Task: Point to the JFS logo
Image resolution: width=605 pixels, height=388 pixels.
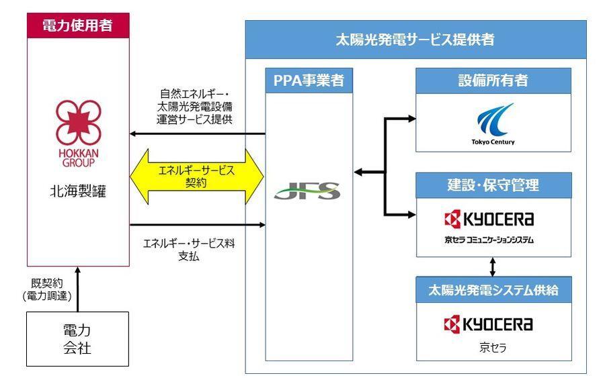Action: (307, 191)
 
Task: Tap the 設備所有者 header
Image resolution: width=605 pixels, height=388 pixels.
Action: (493, 81)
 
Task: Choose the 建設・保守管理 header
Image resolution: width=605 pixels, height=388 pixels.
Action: (493, 185)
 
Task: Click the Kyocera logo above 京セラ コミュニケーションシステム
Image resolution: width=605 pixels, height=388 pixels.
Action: (493, 219)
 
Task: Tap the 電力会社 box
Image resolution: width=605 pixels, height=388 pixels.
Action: (77, 340)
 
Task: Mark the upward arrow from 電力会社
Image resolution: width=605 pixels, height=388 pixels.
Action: (77, 289)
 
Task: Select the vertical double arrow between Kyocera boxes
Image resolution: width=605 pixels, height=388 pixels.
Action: (493, 266)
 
